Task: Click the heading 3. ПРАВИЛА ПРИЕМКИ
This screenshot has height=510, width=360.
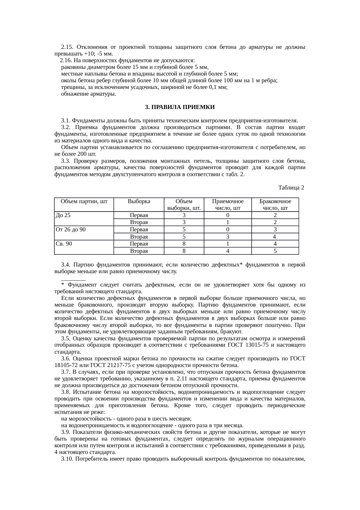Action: [x=180, y=107]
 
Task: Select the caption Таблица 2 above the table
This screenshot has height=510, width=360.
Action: [x=291, y=188]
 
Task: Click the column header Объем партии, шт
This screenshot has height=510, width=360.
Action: [x=84, y=201]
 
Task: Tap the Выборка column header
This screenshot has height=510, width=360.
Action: [x=139, y=201]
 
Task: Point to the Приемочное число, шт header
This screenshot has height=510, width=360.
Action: [x=228, y=205]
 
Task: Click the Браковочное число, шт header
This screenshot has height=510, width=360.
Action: [x=275, y=205]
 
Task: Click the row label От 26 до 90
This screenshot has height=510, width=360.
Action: [x=71, y=230]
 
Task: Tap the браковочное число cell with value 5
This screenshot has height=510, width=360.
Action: [x=275, y=251]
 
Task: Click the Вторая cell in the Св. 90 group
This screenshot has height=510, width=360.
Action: [x=139, y=251]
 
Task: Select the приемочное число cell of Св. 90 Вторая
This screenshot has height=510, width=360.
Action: [x=228, y=251]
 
